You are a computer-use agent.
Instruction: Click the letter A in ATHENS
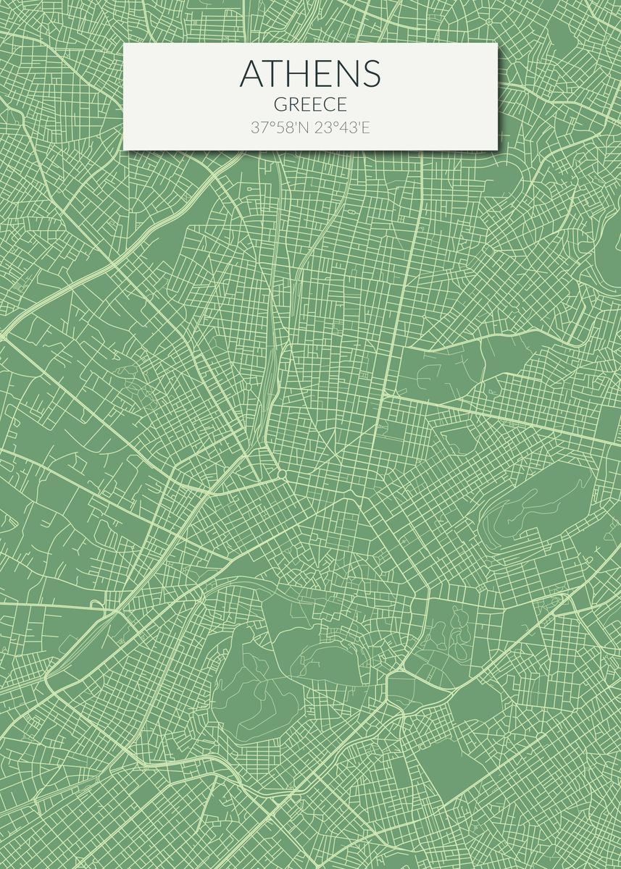pyautogui.click(x=253, y=73)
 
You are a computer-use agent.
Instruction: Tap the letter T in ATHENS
pyautogui.click(x=277, y=73)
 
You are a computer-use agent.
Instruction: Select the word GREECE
pyautogui.click(x=310, y=105)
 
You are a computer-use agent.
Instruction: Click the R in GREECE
pyautogui.click(x=292, y=105)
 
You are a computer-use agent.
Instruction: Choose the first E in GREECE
pyautogui.click(x=304, y=105)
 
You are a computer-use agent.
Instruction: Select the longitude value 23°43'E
pyautogui.click(x=342, y=128)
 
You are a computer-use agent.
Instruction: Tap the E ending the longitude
pyautogui.click(x=366, y=128)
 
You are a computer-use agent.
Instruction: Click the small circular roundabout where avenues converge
pyautogui.click(x=281, y=474)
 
